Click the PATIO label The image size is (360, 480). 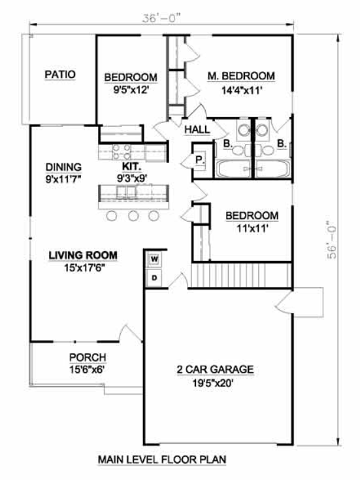60,75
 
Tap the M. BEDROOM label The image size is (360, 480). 241,76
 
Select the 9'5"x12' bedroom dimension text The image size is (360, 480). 131,90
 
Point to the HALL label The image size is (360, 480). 197,129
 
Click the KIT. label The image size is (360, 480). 132,167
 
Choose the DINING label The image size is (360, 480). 63,167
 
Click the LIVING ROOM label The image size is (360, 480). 83,255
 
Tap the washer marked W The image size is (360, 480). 154,260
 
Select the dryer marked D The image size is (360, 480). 154,278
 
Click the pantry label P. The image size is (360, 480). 199,160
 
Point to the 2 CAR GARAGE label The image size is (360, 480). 216,369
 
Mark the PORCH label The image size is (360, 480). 88,357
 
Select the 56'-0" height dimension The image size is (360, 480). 331,240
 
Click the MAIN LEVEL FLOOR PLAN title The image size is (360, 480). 162,459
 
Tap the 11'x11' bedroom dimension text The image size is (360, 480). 252,228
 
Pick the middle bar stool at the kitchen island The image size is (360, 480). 134,216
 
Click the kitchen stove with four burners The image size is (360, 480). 122,152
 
